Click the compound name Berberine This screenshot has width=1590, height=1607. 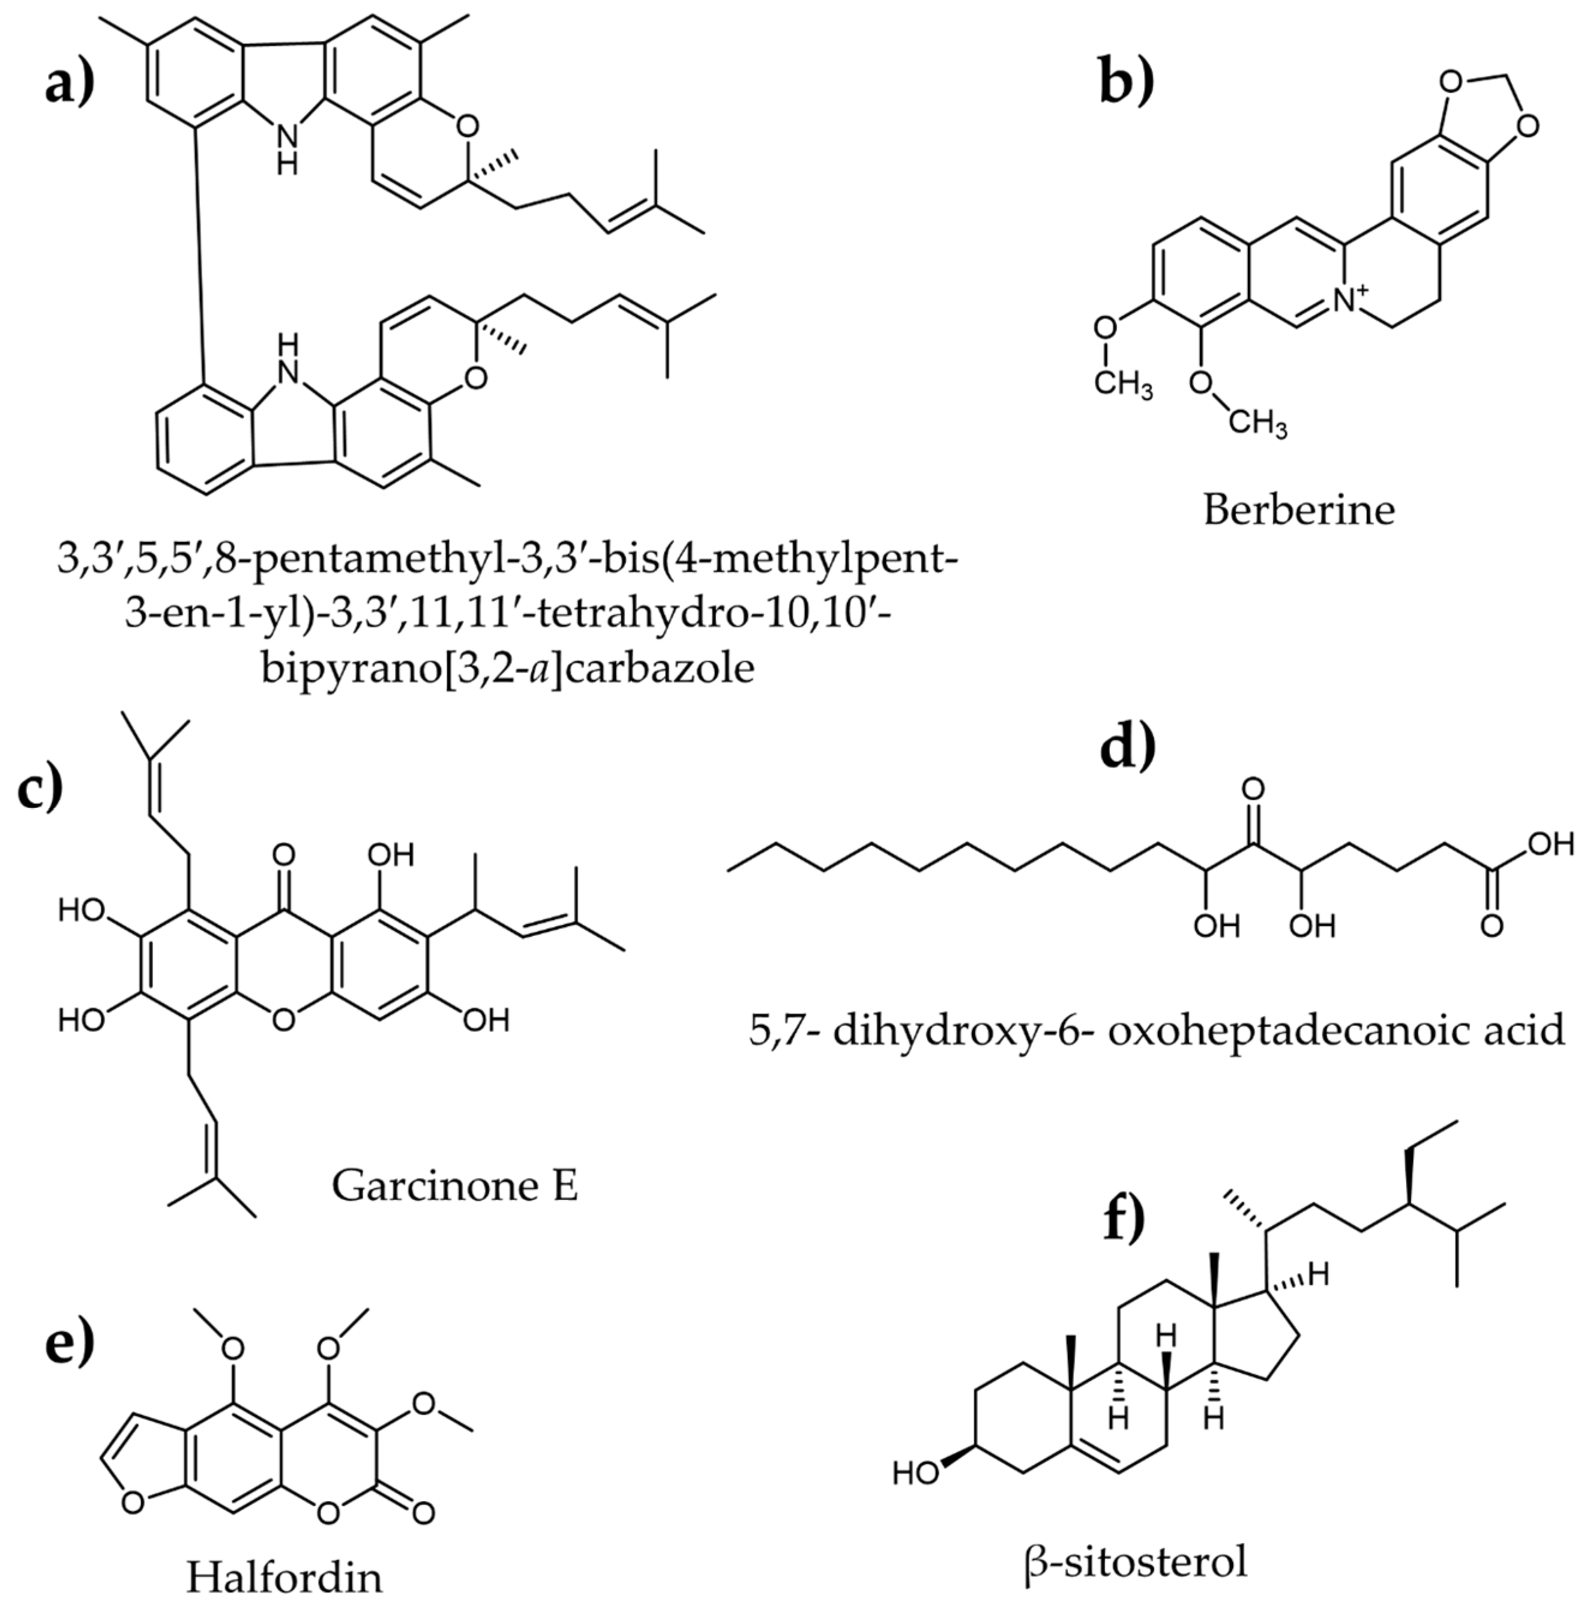tap(1298, 509)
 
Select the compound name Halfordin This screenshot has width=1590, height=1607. tap(285, 1576)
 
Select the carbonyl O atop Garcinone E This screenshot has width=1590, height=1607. tap(283, 854)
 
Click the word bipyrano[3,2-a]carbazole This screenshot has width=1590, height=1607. tap(507, 668)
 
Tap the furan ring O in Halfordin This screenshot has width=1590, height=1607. tap(133, 1525)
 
